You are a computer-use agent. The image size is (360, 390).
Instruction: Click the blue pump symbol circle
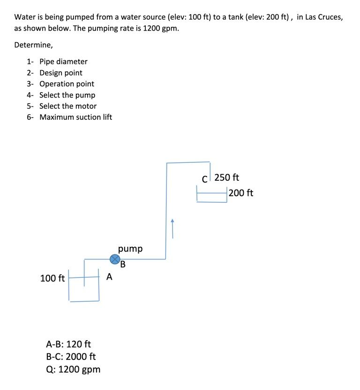[115, 259]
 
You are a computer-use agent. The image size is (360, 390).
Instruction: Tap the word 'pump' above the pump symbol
[130, 248]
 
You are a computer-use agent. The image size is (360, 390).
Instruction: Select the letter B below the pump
[123, 264]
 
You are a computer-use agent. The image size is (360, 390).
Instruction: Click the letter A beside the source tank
[109, 277]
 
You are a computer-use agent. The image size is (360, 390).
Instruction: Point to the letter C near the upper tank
[204, 179]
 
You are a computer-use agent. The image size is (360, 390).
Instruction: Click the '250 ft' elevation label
[227, 177]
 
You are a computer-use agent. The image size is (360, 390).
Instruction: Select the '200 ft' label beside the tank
[241, 193]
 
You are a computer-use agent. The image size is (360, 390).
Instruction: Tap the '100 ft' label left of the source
[52, 278]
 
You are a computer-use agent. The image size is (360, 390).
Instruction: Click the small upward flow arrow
[172, 228]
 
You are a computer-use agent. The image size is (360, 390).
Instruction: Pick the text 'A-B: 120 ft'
[68, 344]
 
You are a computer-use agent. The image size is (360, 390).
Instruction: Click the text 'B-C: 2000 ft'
[71, 356]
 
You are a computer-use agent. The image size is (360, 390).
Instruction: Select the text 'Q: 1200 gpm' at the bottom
[73, 369]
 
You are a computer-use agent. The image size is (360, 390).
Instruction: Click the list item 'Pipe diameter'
[63, 61]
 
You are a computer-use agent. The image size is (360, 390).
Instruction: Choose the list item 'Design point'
[61, 73]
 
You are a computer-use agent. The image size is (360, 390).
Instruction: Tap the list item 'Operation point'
[67, 84]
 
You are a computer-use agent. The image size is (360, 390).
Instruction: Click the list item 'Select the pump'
[67, 95]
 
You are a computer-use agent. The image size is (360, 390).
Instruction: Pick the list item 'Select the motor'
[68, 106]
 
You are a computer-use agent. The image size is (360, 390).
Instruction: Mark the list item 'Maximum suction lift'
[75, 117]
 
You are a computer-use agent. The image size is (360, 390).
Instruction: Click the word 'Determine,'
[33, 45]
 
